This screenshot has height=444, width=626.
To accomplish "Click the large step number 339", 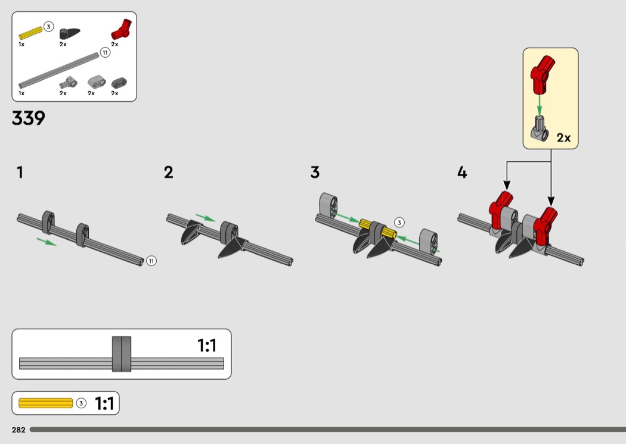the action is coord(29,118).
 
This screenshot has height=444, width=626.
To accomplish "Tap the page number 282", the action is coord(18,430).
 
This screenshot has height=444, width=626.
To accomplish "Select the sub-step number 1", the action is coord(20,173).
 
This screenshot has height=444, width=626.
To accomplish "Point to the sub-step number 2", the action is coord(169,173).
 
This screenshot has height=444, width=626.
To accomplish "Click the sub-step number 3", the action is coord(315,173).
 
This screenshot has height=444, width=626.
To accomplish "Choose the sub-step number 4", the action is coord(462,173).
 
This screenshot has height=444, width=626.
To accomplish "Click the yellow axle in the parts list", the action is coord(31,33).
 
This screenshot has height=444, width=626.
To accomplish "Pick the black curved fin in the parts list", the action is coord(70,33).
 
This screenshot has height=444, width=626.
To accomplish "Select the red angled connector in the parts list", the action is coord(122,30).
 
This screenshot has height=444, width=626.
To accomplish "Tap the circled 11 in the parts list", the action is coord(105,52).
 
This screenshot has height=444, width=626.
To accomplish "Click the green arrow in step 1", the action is coord(47,242).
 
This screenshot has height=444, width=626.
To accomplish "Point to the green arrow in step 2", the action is coord(206,218).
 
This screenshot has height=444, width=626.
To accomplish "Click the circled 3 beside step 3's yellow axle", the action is coord(399,223).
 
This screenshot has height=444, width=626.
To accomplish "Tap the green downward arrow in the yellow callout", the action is coord(540,105).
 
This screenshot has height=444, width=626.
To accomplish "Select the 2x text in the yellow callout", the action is coord(564,138).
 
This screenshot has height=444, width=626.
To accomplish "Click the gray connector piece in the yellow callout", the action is coord(540,129).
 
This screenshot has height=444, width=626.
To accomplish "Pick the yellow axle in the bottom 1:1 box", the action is coord(45,403).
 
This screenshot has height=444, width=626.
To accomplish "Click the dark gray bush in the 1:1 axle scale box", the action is coord(122,354).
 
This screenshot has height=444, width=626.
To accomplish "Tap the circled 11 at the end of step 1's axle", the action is coord(151,261).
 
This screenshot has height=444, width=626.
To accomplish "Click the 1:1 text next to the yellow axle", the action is coord(104,404).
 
